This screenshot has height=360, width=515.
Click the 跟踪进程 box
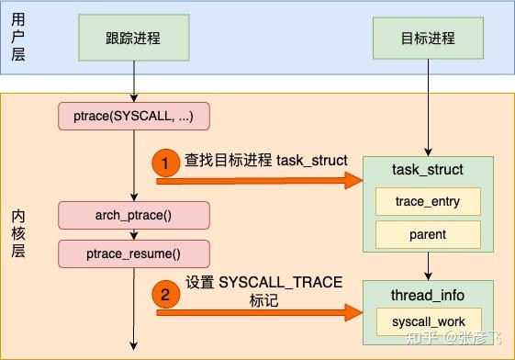(134, 39)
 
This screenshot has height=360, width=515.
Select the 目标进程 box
(428, 39)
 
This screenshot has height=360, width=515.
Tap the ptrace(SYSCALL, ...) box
(134, 117)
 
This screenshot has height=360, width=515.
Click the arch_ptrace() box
(134, 217)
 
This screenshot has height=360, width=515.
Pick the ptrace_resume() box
(134, 253)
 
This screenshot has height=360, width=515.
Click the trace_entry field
(428, 201)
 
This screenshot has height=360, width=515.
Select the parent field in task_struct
(428, 234)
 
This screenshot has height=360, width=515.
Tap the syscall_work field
(428, 322)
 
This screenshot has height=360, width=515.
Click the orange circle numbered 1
(165, 162)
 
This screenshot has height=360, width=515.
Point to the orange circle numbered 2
(165, 296)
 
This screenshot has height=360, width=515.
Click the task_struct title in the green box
(428, 170)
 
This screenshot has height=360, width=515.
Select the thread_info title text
(428, 295)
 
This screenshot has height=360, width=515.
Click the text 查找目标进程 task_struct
(265, 161)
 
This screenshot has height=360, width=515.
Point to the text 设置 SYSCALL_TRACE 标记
(263, 291)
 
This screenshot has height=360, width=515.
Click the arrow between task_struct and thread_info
(428, 266)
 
